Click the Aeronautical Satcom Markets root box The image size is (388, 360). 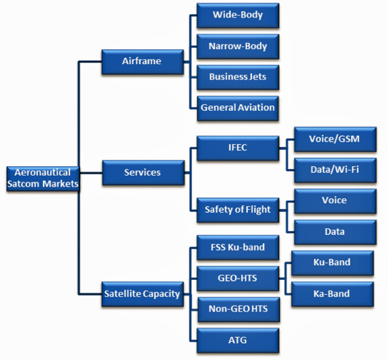(43, 178)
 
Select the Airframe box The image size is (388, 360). (143, 61)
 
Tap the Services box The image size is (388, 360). (143, 172)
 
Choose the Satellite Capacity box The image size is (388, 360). (143, 294)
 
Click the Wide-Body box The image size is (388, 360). (238, 15)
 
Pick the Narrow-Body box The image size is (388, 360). (238, 46)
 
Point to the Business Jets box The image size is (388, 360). (238, 77)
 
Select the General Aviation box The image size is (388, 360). (238, 108)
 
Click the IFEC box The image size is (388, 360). (238, 148)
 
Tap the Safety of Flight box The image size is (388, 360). (238, 210)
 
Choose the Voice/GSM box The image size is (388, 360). (335, 139)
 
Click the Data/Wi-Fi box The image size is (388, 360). (335, 170)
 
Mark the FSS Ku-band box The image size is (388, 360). (238, 248)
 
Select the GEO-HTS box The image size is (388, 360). (238, 279)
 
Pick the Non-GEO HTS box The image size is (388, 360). (238, 310)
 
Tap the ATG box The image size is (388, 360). (238, 340)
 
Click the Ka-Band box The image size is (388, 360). (332, 294)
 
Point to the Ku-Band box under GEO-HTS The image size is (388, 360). (332, 263)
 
